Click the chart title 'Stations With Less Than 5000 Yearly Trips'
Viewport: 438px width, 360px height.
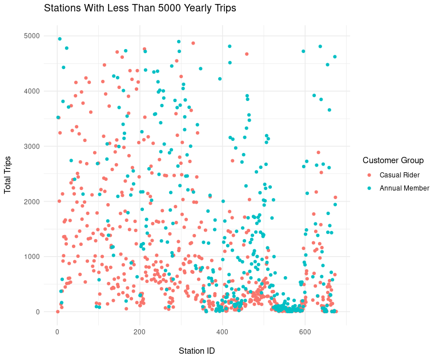[139, 9]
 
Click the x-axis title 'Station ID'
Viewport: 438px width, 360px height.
[196, 350]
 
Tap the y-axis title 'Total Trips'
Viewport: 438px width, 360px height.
[8, 174]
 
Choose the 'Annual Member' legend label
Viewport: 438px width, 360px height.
[404, 188]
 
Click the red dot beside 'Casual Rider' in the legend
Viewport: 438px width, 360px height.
[369, 175]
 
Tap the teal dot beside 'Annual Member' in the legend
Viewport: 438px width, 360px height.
[369, 188]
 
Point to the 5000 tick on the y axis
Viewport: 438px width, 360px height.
[31, 36]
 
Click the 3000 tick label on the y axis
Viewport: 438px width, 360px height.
[31, 147]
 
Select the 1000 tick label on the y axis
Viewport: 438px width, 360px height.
[31, 257]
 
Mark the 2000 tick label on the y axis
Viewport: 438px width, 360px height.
[31, 201]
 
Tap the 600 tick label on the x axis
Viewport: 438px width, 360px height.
[304, 331]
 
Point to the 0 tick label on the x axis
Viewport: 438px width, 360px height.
[57, 331]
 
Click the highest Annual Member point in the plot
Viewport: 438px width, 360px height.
[59, 39]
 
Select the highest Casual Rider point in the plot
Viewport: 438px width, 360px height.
[193, 43]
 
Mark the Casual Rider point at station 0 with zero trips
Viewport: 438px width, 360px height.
[58, 312]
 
